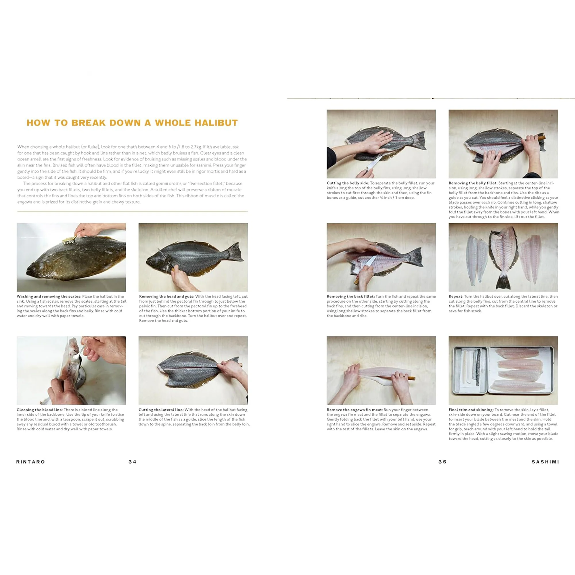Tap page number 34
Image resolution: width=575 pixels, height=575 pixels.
coord(133,462)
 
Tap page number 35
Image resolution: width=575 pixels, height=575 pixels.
coord(442,462)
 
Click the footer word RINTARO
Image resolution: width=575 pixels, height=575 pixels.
coord(31,462)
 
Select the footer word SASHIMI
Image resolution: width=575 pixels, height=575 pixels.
coord(545,462)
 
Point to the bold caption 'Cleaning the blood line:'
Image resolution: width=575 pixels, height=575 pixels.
coord(40,410)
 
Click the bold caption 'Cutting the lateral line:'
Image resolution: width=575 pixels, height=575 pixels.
coord(161,410)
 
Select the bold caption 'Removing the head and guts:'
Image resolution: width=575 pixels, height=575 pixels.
coord(167,296)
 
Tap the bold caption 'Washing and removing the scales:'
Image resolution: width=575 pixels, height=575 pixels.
coord(49,296)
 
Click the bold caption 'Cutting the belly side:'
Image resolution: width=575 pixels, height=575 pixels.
coord(348,183)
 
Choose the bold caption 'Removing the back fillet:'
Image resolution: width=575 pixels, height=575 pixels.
coord(350,296)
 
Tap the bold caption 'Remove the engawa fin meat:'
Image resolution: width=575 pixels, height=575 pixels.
coord(355,410)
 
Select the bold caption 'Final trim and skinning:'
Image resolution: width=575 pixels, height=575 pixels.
coord(471,410)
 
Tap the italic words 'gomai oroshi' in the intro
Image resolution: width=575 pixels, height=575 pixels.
coord(168,184)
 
